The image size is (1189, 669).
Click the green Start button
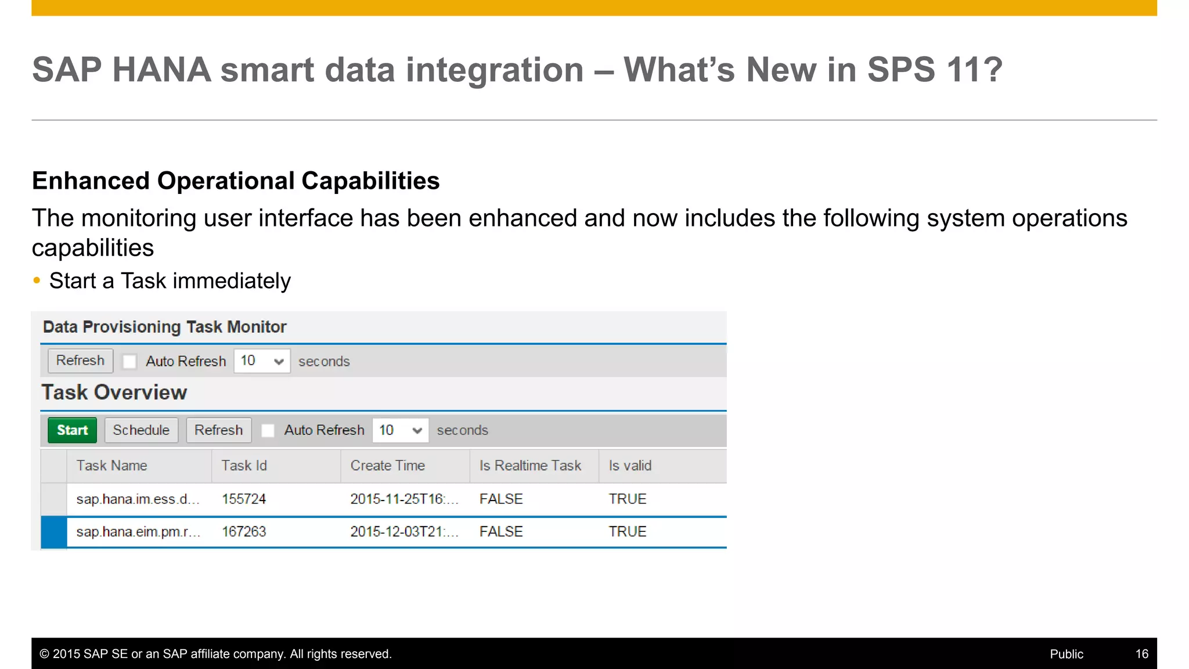pyautogui.click(x=72, y=430)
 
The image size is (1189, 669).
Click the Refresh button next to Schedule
pyautogui.click(x=218, y=430)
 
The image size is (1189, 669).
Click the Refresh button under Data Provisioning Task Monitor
pyautogui.click(x=80, y=361)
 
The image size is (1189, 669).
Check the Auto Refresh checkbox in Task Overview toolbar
pyautogui.click(x=268, y=430)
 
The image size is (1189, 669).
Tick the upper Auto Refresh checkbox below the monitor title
pyautogui.click(x=129, y=361)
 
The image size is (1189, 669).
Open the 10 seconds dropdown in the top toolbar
pyautogui.click(x=262, y=361)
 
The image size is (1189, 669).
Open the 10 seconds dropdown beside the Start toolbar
pyautogui.click(x=400, y=430)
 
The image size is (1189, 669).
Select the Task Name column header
pyautogui.click(x=112, y=466)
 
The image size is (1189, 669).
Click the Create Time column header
pyautogui.click(x=388, y=466)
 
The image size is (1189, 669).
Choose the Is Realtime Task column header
pyautogui.click(x=530, y=466)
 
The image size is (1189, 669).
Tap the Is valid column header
pyautogui.click(x=630, y=466)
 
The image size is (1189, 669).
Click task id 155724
pyautogui.click(x=244, y=499)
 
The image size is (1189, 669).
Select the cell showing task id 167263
pyautogui.click(x=244, y=531)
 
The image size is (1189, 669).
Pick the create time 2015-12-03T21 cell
pyautogui.click(x=404, y=531)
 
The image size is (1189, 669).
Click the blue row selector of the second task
pyautogui.click(x=54, y=532)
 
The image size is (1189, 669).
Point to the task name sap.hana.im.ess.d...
pyautogui.click(x=138, y=499)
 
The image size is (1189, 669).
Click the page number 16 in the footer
pyautogui.click(x=1141, y=654)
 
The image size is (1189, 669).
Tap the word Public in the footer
pyautogui.click(x=1066, y=654)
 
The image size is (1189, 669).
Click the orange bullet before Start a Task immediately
pyautogui.click(x=37, y=280)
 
